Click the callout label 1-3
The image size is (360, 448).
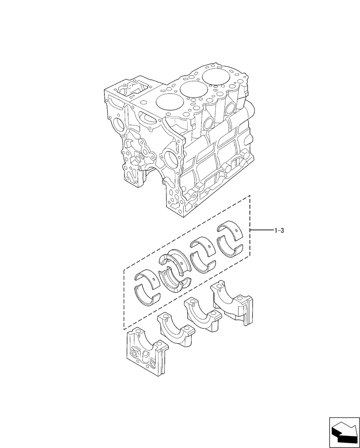[279, 231]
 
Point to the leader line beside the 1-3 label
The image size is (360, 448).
[261, 230]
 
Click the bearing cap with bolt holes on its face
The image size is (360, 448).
[146, 351]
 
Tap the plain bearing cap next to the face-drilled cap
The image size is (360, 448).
[176, 329]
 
